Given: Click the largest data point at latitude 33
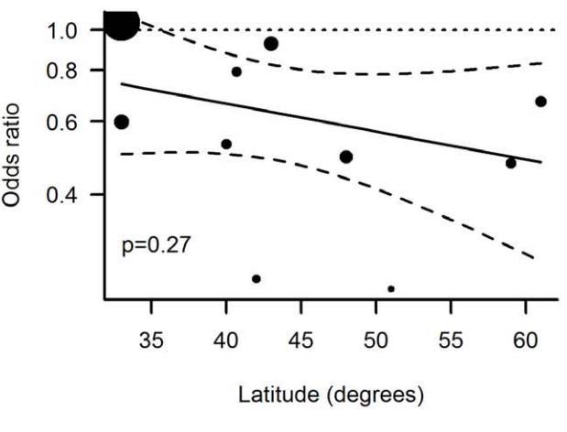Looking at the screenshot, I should tap(122, 22).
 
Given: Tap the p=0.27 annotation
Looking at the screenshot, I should tap(157, 245).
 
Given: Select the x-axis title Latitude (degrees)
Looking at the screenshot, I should tap(332, 396).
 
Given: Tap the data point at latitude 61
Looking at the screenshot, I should tap(540, 101).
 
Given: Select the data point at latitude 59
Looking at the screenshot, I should tap(511, 163).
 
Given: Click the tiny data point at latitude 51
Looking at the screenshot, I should tap(391, 289).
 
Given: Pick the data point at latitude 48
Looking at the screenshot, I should tap(346, 157).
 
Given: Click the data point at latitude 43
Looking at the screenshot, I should tap(271, 43).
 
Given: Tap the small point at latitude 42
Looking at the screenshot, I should tap(256, 278).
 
